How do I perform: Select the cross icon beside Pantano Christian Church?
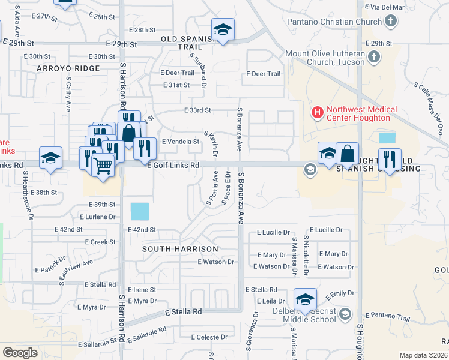pyautogui.click(x=390, y=22)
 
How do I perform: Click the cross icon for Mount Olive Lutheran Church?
pyautogui.click(x=373, y=58)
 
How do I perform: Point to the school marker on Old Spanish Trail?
pyautogui.click(x=223, y=29)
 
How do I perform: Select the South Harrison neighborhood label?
pyautogui.click(x=181, y=248)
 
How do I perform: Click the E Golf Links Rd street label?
pyautogui.click(x=173, y=165)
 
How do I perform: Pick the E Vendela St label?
pyautogui.click(x=181, y=142)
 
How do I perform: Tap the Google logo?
pyautogui.click(x=20, y=353)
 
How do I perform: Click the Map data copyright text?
pyautogui.click(x=424, y=355)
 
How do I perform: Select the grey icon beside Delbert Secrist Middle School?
pyautogui.click(x=345, y=313)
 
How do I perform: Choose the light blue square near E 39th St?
pyautogui.click(x=139, y=211)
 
